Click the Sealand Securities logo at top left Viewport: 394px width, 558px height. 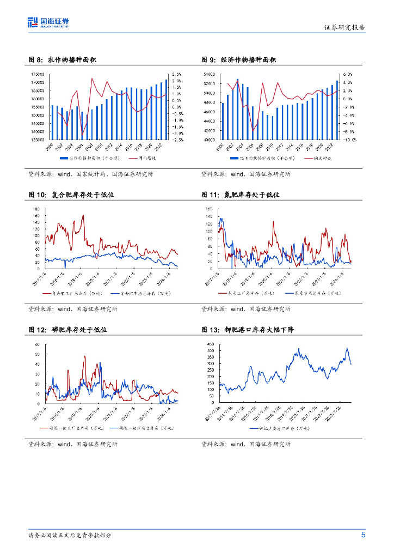pyautogui.click(x=48, y=22)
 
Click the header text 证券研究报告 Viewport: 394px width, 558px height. pyautogui.click(x=344, y=27)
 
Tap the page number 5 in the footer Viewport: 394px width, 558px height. pyautogui.click(x=363, y=535)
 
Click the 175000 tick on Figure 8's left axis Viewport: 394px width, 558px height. pyautogui.click(x=38, y=74)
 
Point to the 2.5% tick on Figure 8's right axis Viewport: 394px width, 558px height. pyautogui.click(x=177, y=74)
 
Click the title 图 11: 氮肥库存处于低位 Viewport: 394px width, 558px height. pyautogui.click(x=240, y=195)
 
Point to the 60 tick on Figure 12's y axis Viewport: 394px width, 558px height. pyautogui.click(x=37, y=344)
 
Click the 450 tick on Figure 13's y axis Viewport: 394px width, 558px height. pyautogui.click(x=210, y=344)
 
